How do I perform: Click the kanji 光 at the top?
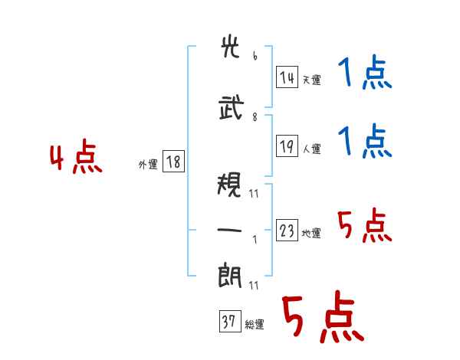230,47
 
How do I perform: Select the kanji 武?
232,107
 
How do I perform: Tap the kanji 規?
229,184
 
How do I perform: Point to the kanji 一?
229,230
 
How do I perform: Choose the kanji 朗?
230,276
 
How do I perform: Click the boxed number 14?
287,77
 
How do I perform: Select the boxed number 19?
287,146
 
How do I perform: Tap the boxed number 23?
287,230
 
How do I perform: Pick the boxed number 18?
173,162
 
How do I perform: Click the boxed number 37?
230,321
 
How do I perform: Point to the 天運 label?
312,80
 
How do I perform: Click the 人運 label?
312,149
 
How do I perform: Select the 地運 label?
311,234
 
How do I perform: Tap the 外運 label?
148,165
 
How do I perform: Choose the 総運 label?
255,325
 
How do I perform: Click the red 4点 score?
76,156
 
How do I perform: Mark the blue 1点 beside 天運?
365,72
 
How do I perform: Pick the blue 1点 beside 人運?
365,141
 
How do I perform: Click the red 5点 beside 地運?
365,225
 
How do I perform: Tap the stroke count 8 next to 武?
255,117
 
